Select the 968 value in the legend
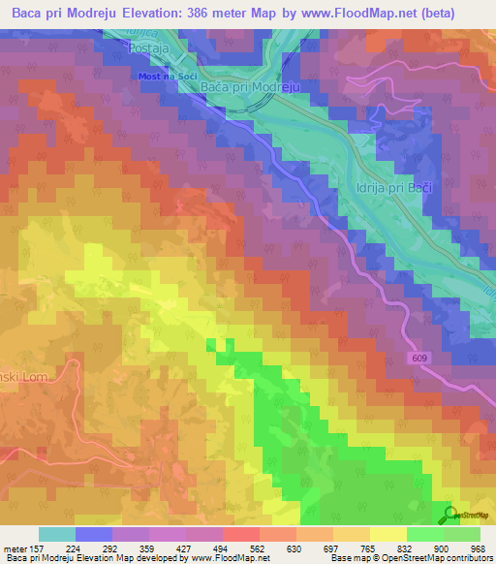point(476,548)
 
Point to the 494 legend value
point(221,548)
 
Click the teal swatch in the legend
point(56,534)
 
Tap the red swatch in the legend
point(240,534)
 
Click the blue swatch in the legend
point(93,534)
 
